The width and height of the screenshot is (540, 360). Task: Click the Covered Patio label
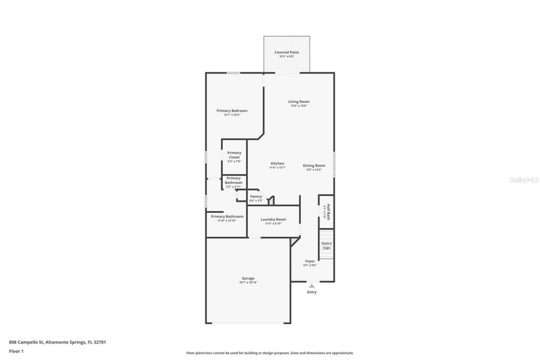coord(286,52)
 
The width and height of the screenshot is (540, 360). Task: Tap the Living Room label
coord(299,102)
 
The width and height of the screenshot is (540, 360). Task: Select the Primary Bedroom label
coord(232,111)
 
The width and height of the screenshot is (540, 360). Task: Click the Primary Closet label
coord(234,155)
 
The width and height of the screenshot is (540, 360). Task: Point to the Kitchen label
coord(277,163)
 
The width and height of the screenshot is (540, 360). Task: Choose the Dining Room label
coord(314,165)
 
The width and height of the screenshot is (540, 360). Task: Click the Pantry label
coord(256,196)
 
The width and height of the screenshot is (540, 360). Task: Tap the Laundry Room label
coord(273,219)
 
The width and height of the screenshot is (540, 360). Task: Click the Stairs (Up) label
coord(326,246)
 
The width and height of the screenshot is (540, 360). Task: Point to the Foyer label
coord(310,261)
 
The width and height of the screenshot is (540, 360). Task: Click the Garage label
coord(248,278)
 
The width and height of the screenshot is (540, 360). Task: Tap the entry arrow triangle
coord(312,286)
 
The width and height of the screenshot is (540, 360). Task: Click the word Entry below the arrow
coord(312,292)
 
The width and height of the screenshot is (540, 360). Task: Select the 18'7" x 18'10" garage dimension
coord(248,282)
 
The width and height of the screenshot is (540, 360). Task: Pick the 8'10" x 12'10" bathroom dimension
coord(227,221)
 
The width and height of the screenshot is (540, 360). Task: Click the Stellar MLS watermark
coord(524,180)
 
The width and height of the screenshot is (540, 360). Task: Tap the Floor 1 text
coord(16,351)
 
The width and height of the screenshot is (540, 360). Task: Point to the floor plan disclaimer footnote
coord(270,353)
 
